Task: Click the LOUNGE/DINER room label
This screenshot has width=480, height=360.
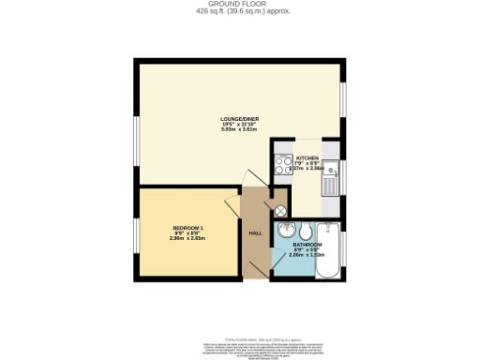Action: coord(239,118)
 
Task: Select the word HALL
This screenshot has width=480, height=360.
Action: coord(255,232)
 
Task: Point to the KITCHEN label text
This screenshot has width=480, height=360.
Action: coord(307,158)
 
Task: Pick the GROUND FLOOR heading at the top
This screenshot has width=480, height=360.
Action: coord(239,4)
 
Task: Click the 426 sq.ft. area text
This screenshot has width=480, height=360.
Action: coord(239,11)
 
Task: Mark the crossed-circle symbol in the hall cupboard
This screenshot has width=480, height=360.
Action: coord(279,209)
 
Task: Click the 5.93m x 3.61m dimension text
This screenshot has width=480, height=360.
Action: coord(239,129)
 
